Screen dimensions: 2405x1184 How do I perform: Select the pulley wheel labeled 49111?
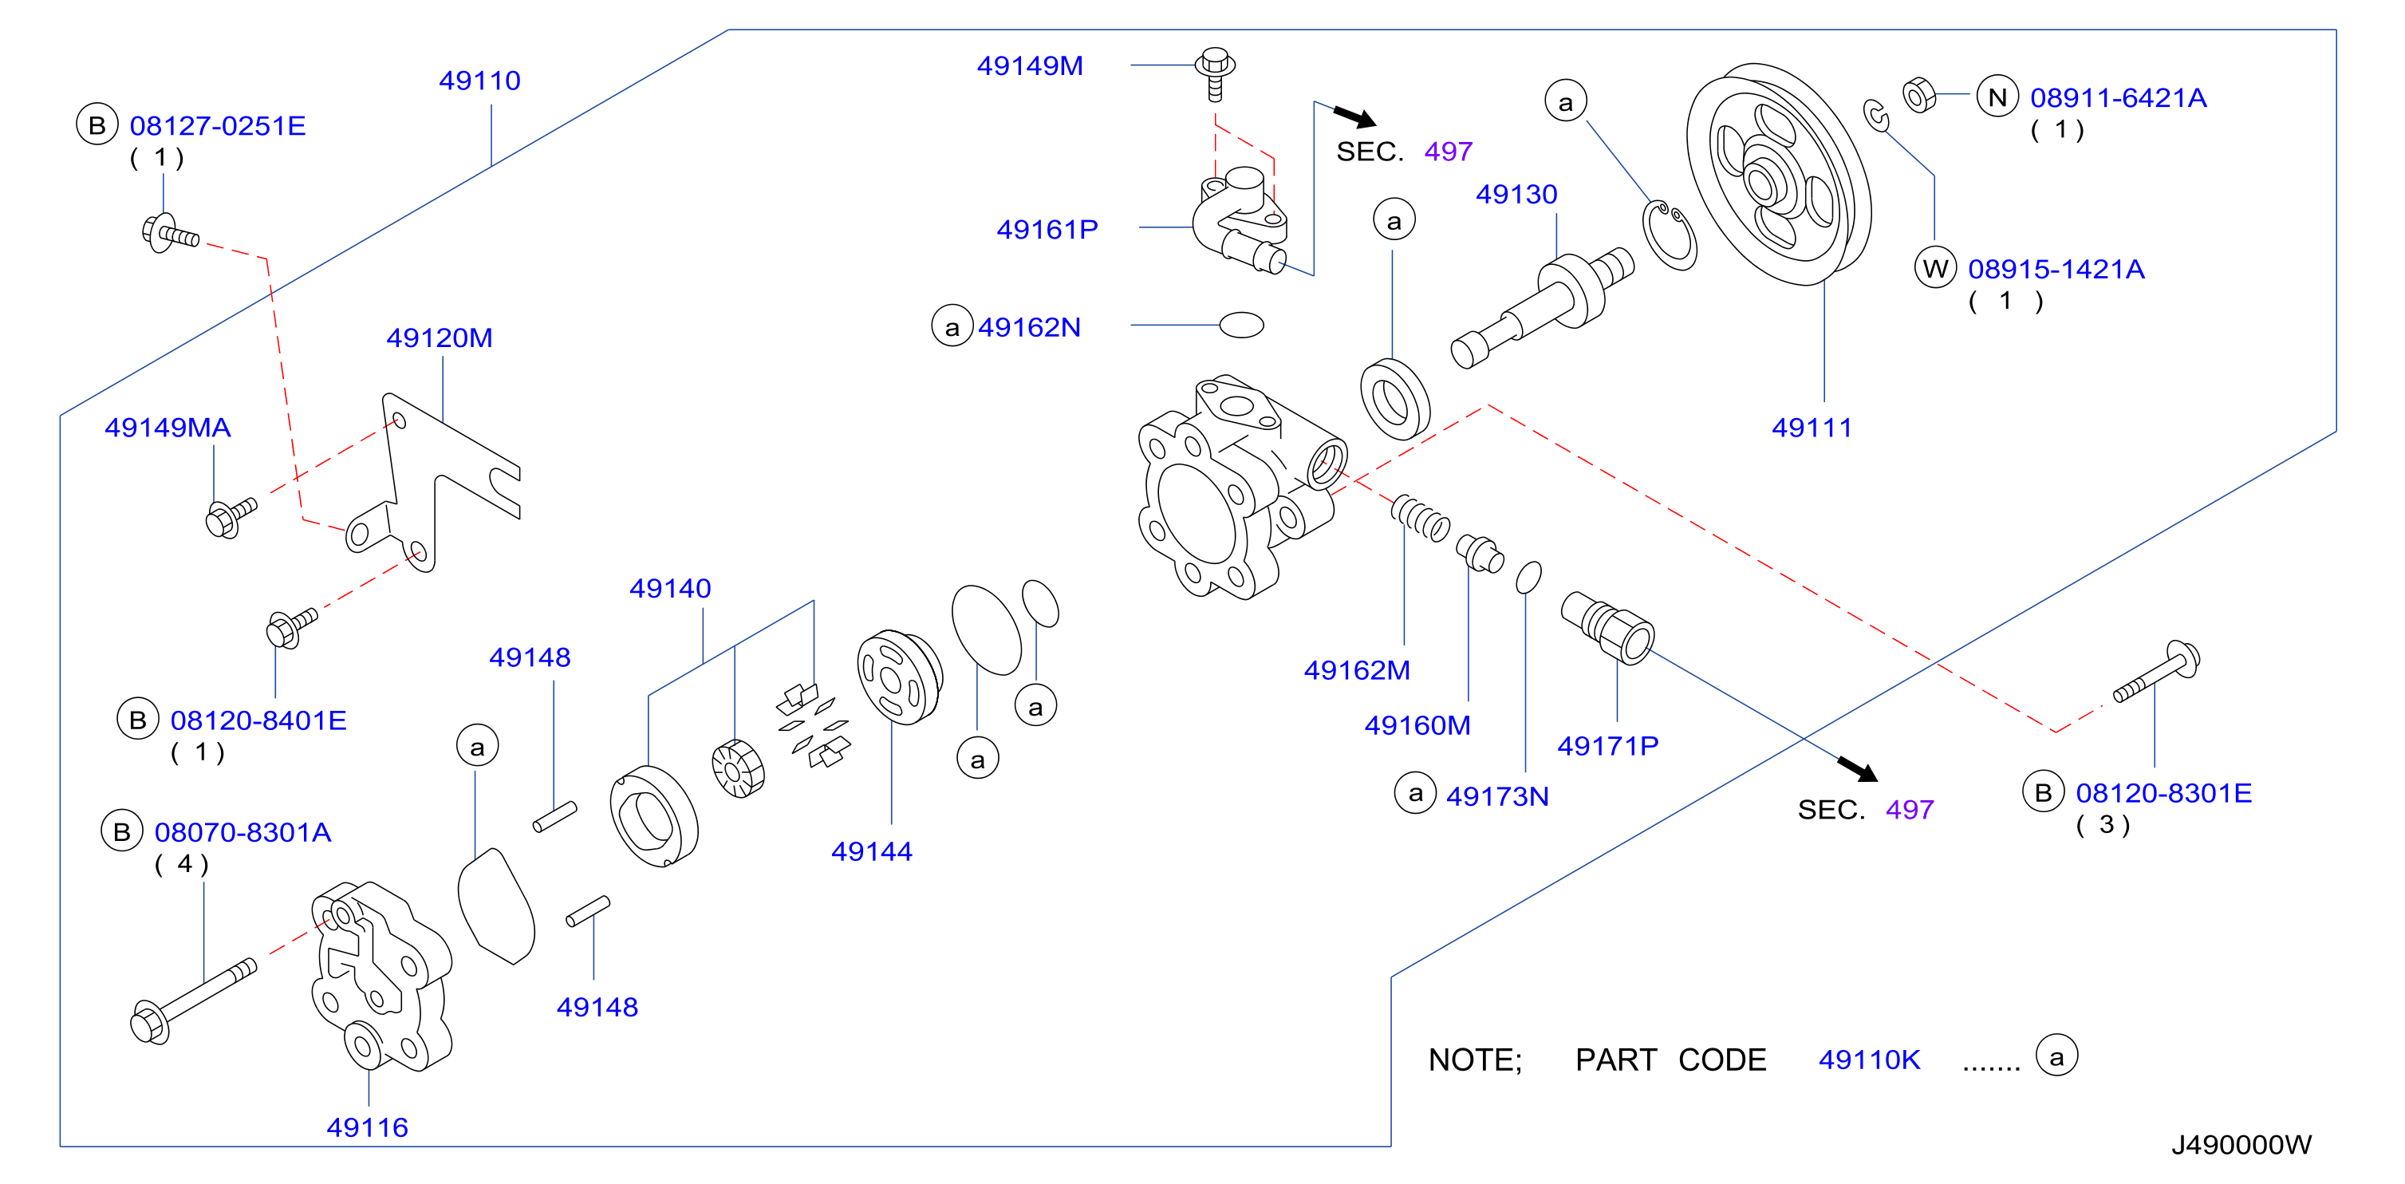click(1779, 174)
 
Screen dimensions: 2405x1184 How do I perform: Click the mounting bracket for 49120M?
click(432, 481)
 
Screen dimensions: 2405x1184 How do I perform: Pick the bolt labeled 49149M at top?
click(1215, 73)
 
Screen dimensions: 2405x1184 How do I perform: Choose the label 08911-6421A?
click(2118, 97)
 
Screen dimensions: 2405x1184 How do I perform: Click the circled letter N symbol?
click(1997, 97)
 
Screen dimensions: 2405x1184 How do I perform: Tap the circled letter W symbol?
click(1935, 269)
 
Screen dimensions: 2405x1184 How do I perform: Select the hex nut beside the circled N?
click(1918, 95)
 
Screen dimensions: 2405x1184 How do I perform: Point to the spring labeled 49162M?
click(1420, 519)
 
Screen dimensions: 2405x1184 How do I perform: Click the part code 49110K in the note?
click(1869, 1060)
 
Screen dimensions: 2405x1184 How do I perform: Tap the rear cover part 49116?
click(381, 975)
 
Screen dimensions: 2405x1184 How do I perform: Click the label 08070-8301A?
click(242, 832)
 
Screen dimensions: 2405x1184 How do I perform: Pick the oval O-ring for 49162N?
click(1242, 325)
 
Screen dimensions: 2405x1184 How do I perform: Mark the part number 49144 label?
click(871, 851)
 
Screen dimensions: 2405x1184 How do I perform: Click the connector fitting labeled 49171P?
click(1607, 627)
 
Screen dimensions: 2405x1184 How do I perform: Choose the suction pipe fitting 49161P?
click(1240, 220)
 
